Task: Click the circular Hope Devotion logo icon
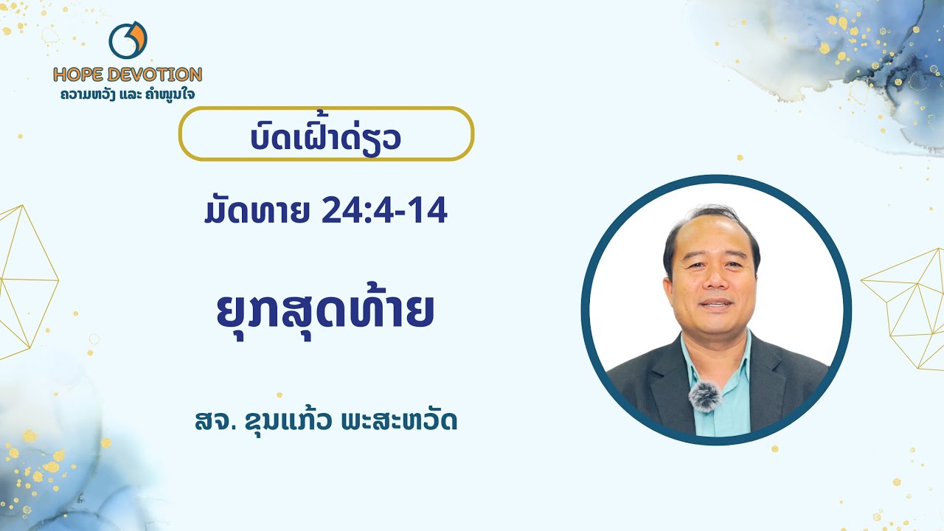(128, 41)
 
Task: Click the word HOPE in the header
(78, 74)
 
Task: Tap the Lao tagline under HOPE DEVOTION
(128, 94)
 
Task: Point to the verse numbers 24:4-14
(384, 212)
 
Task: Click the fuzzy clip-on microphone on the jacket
(704, 397)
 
